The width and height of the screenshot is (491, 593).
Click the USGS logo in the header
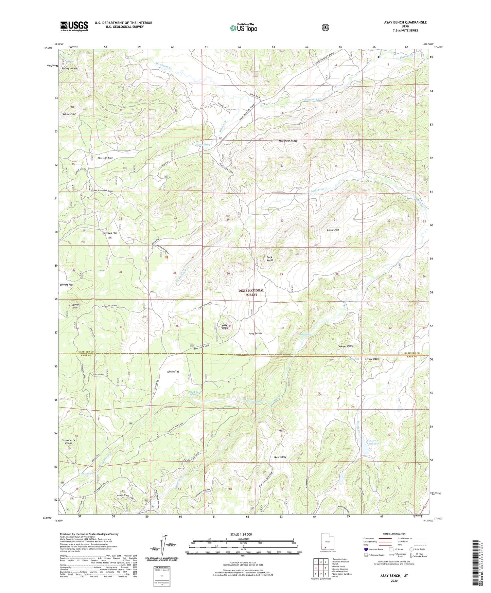click(x=74, y=26)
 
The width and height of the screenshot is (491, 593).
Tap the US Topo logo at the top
click(x=243, y=28)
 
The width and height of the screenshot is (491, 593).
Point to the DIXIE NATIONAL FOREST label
click(x=251, y=292)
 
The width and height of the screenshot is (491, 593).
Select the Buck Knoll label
click(x=269, y=259)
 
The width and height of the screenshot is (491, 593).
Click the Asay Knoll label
click(x=225, y=326)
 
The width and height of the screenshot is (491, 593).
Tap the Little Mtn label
click(x=333, y=230)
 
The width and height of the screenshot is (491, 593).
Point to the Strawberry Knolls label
click(x=69, y=442)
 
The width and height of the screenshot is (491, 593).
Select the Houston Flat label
click(x=105, y=158)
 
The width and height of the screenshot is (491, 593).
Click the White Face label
click(x=69, y=114)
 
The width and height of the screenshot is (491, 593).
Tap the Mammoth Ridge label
click(x=288, y=141)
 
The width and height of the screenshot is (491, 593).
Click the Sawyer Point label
click(x=346, y=346)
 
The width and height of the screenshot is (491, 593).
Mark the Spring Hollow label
click(x=70, y=68)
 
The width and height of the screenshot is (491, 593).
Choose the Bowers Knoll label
click(x=76, y=306)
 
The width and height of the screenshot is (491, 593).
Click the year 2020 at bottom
click(x=394, y=580)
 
